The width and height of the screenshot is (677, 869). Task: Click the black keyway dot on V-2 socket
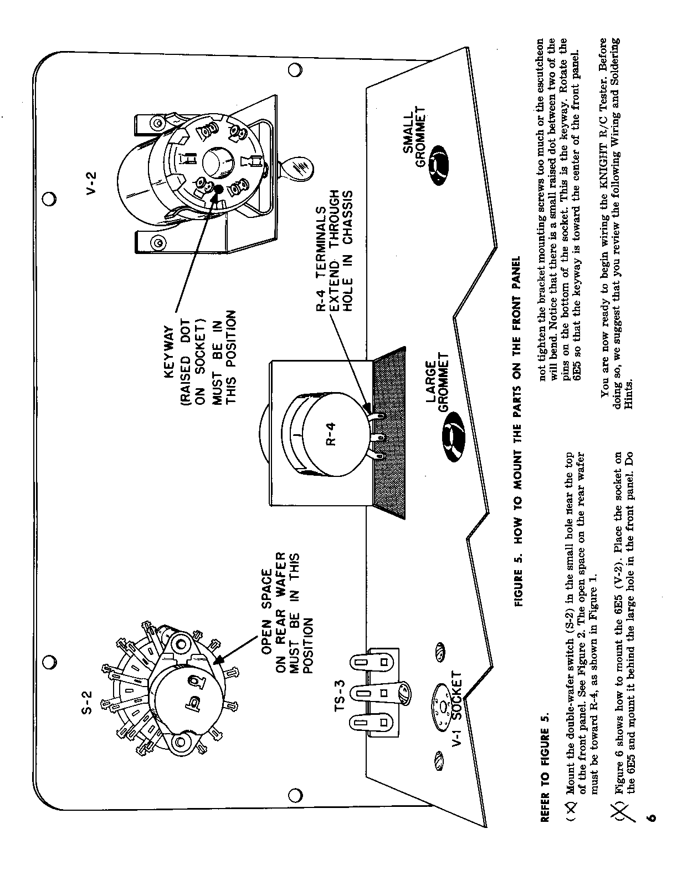[218, 190]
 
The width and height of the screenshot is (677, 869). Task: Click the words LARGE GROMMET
[438, 388]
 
